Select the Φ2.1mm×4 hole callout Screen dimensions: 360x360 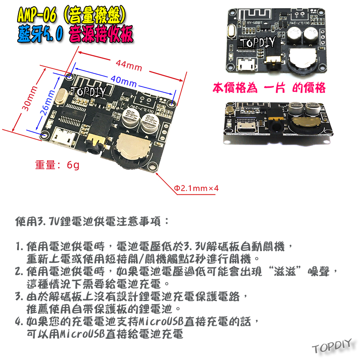[196, 188]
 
